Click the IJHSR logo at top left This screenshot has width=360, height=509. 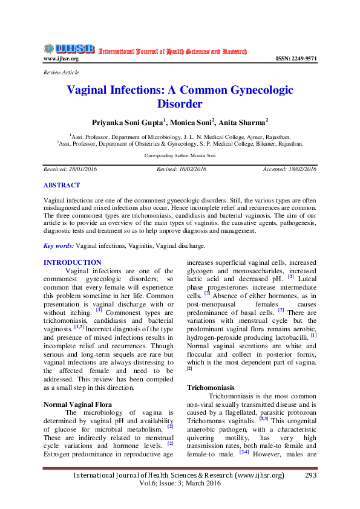click(68, 49)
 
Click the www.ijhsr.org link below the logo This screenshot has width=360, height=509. click(61, 59)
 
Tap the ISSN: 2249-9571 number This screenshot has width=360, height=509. click(296, 59)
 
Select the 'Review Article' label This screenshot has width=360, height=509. click(61, 73)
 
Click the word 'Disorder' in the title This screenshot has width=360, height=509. click(179, 104)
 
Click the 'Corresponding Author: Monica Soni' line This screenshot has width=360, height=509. click(180, 155)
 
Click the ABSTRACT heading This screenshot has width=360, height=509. click(62, 185)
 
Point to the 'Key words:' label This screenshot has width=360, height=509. click(59, 246)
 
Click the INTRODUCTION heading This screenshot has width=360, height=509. click(73, 262)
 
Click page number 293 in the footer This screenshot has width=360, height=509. click(311, 475)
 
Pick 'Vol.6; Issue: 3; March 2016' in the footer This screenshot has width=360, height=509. click(179, 485)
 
